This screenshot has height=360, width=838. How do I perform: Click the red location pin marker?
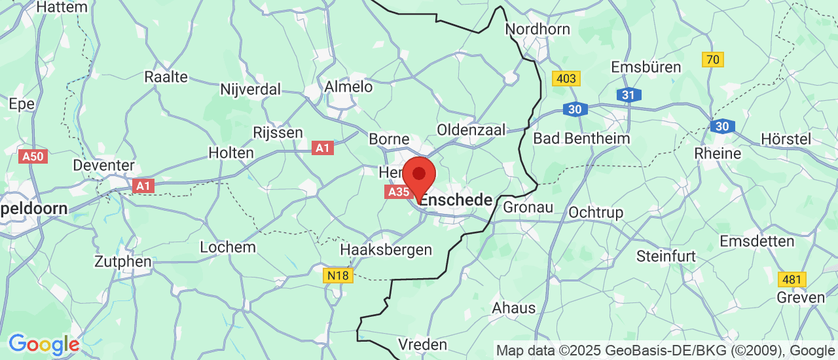(x=419, y=175)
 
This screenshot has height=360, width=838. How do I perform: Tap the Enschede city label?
(x=456, y=200)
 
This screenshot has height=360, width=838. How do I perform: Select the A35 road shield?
(x=398, y=192)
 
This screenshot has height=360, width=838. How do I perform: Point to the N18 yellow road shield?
(x=338, y=276)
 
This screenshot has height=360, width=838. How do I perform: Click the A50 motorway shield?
(x=33, y=156)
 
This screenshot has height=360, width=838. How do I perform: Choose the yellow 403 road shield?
(x=566, y=79)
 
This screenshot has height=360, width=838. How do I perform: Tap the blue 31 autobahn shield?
(x=628, y=95)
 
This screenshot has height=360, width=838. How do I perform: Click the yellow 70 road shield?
(x=713, y=60)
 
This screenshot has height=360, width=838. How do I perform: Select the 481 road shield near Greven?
(x=792, y=279)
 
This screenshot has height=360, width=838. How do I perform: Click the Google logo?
(x=44, y=344)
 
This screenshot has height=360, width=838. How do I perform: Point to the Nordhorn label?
(x=537, y=29)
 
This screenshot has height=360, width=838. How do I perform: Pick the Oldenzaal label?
(x=471, y=130)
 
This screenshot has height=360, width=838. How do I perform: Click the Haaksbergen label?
(x=386, y=249)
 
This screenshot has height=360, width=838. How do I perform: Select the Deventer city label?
(x=104, y=165)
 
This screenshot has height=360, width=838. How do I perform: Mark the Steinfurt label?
(x=666, y=256)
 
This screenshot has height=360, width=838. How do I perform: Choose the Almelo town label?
(x=348, y=86)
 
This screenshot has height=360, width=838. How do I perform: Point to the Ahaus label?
(x=514, y=308)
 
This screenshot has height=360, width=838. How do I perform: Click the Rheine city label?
(x=719, y=154)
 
